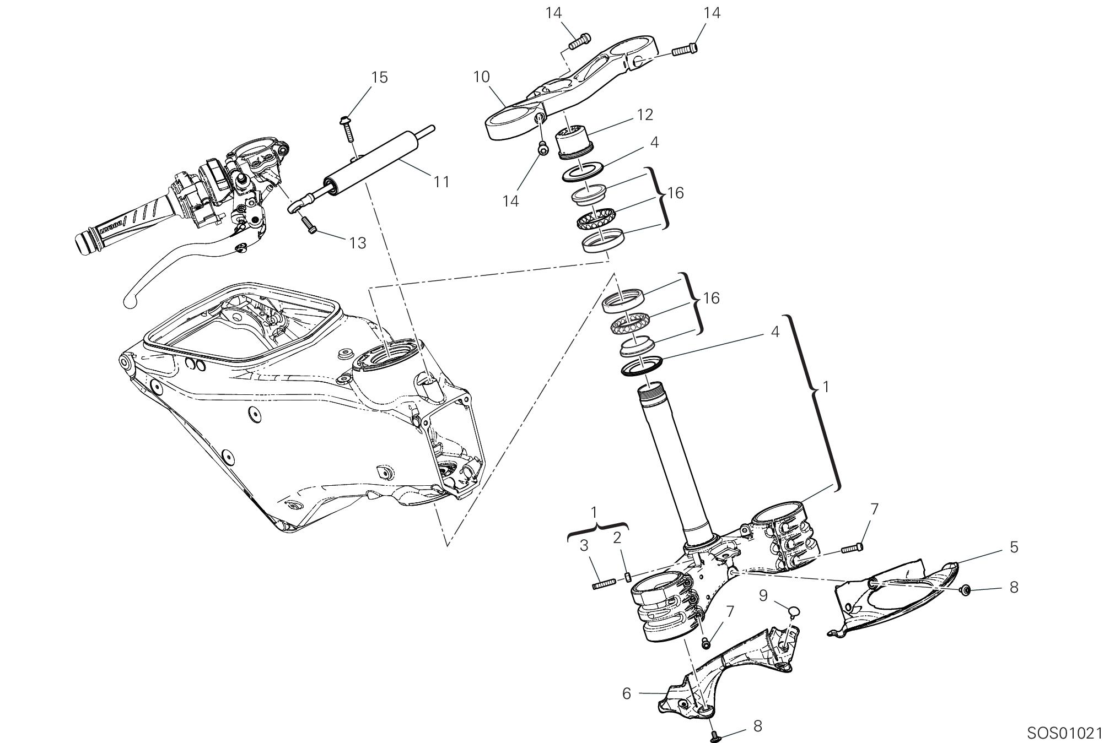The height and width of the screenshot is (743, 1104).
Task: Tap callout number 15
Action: (379, 78)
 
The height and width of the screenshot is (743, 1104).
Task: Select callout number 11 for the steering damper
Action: (441, 181)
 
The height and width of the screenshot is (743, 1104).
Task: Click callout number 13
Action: (358, 242)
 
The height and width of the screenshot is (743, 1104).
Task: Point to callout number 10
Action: (481, 77)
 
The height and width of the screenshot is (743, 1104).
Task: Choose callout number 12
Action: (644, 115)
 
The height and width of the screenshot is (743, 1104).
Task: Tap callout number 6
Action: (626, 693)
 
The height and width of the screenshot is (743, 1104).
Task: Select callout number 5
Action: (1014, 547)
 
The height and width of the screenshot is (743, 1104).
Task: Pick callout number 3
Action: (584, 546)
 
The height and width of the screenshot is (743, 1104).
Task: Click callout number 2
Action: (618, 538)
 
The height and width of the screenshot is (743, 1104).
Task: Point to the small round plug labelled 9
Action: (794, 610)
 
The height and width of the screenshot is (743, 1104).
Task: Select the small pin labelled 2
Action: (627, 577)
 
